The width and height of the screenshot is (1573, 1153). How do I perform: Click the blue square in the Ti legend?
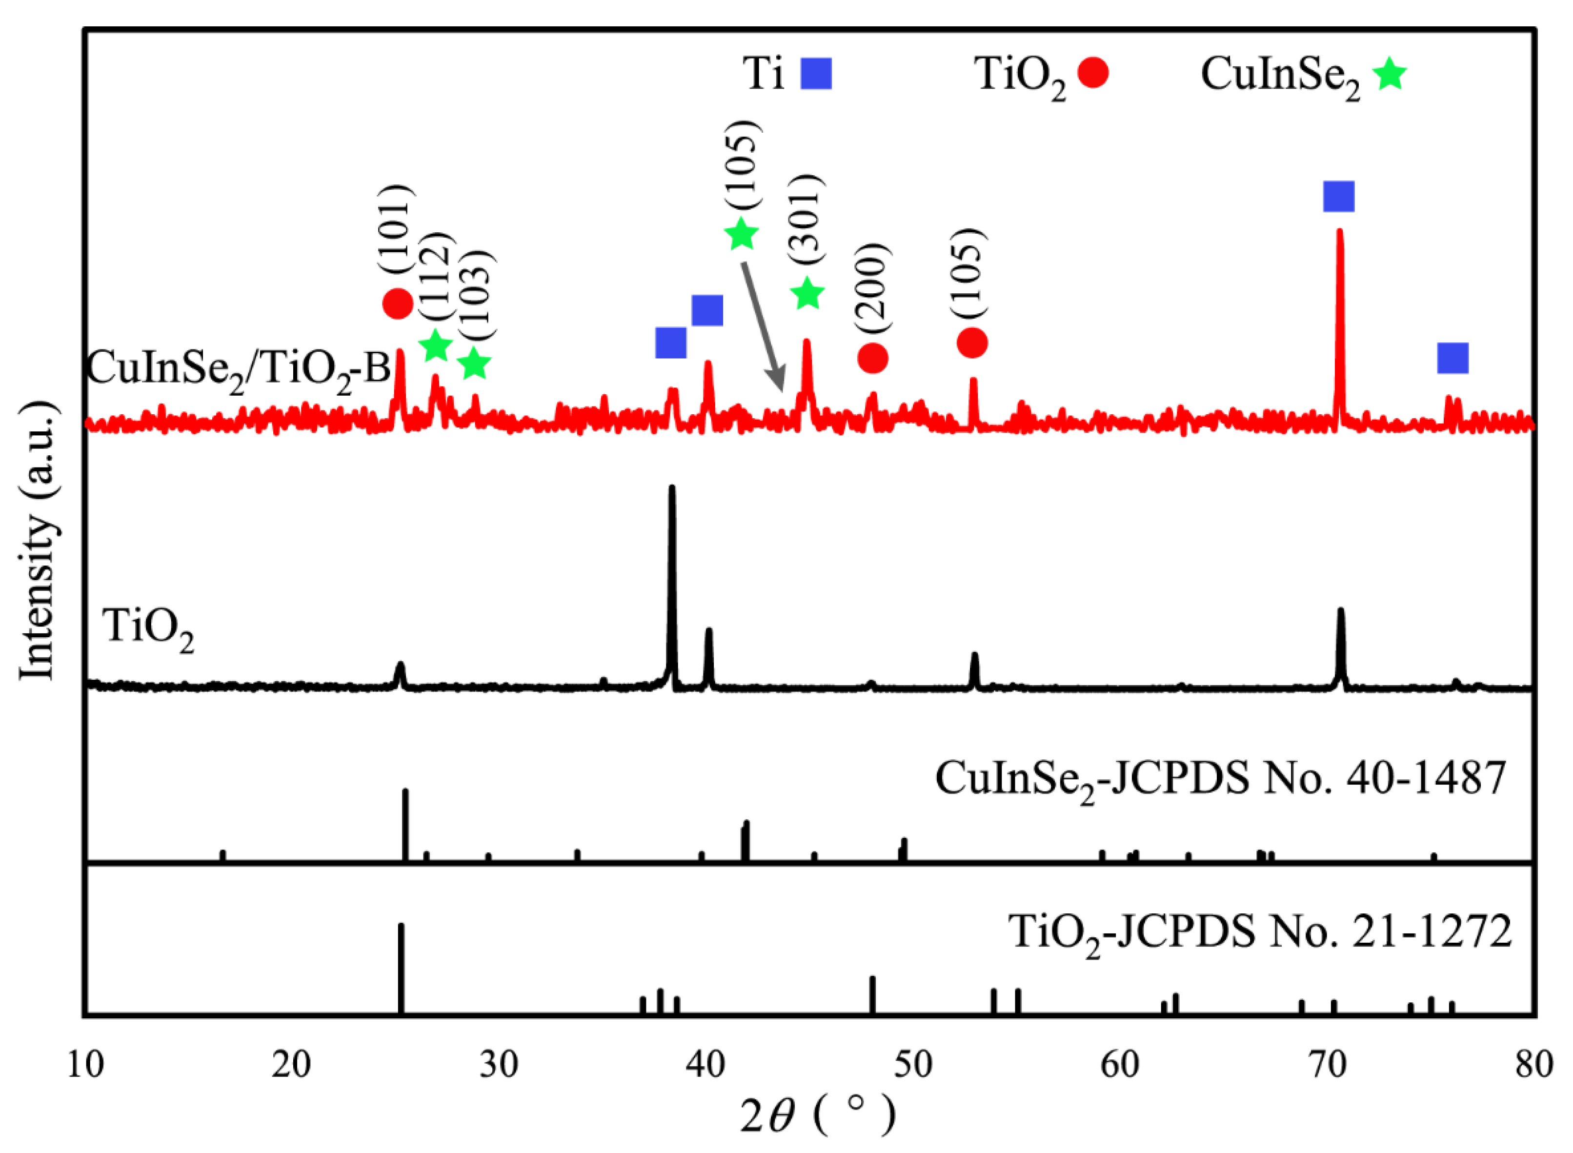click(816, 73)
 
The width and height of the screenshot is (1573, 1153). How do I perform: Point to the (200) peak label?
click(872, 289)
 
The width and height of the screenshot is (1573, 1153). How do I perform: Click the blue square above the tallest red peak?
click(1338, 196)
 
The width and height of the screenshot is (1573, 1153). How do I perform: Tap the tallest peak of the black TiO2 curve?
click(672, 488)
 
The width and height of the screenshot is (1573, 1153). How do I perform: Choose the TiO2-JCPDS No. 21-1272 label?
click(1260, 932)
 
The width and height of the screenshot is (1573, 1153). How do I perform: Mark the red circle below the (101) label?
click(398, 303)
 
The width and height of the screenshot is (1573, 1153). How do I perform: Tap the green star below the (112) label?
click(436, 345)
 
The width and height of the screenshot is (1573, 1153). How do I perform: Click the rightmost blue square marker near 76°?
click(1453, 358)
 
